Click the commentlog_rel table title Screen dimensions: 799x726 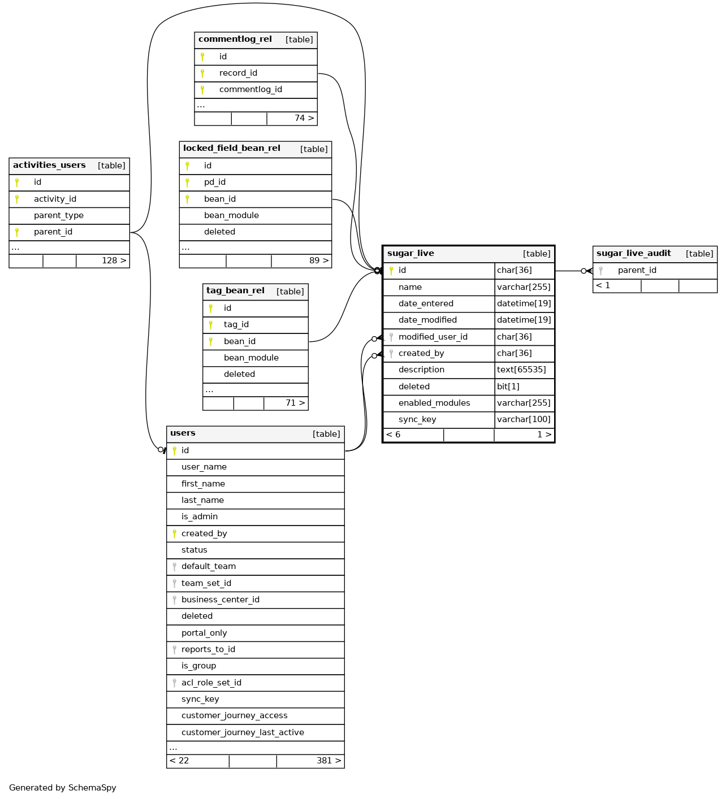[235, 40]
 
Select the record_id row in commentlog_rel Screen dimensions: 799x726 [238, 73]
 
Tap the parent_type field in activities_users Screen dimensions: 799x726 [59, 215]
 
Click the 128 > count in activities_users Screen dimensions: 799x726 [114, 260]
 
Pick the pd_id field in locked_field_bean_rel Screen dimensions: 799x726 [215, 182]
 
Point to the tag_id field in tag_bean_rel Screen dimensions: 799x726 [236, 324]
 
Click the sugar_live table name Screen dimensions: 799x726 [410, 254]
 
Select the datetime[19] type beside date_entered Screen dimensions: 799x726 [524, 303]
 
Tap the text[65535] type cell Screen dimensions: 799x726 [521, 370]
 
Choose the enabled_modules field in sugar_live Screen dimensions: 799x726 [434, 403]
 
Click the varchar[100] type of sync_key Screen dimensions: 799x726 [524, 419]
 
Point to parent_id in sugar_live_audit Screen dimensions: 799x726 [637, 270]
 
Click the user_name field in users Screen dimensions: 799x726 [204, 467]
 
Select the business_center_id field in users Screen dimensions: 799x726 [221, 600]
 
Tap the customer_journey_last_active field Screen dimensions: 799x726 [243, 732]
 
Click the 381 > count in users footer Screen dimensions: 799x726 [329, 761]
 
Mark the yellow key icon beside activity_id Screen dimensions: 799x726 [17, 199]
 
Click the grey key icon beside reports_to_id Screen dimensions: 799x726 [175, 650]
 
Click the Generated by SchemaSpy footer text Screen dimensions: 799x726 [63, 788]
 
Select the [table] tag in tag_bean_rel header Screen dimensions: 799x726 [290, 292]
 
